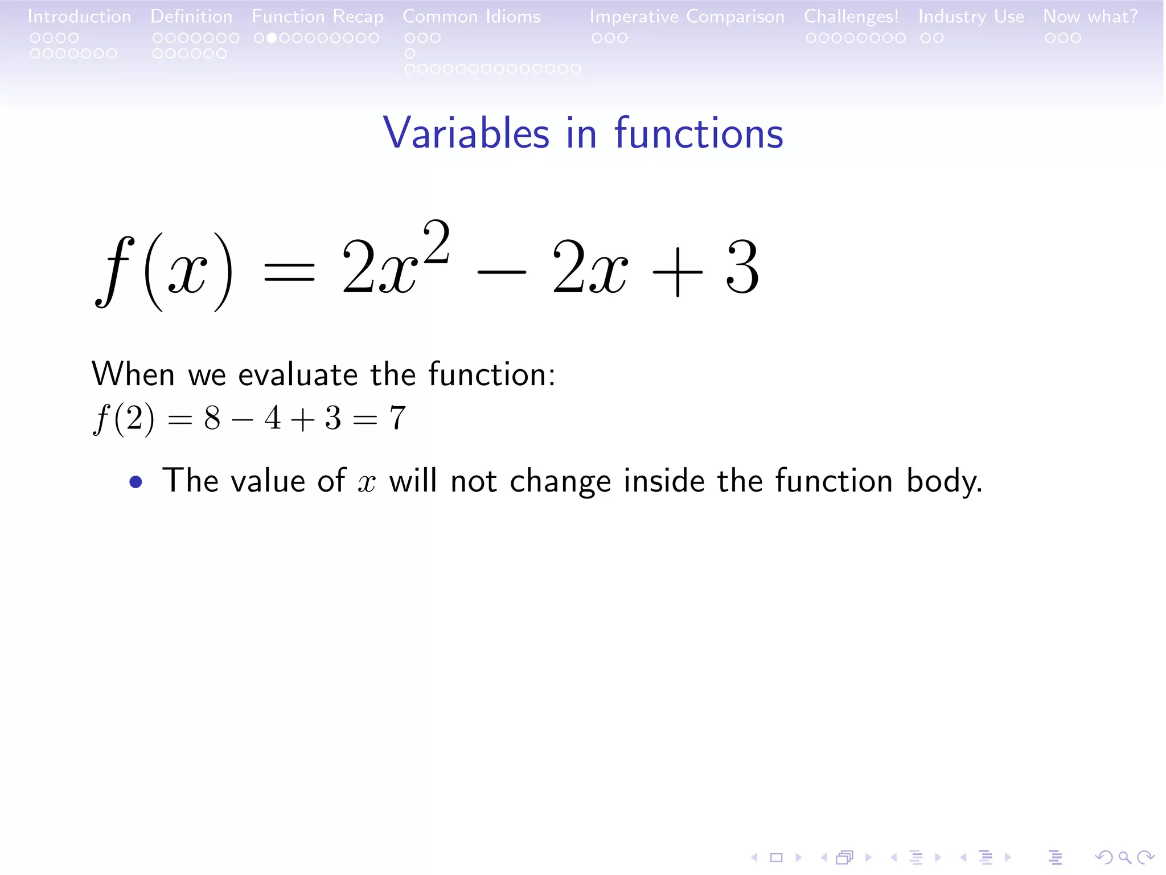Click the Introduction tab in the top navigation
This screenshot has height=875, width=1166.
point(79,17)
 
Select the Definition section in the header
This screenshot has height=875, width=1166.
point(191,17)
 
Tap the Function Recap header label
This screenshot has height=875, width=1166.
point(318,17)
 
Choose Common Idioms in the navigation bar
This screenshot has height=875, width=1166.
point(471,17)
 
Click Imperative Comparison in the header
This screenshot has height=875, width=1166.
point(687,17)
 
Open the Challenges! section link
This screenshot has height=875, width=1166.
point(851,17)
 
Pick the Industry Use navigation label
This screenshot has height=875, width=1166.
point(971,17)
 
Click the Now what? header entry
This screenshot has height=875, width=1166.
point(1090,17)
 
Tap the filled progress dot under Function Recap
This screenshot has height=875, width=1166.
point(272,38)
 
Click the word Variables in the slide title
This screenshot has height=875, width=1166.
point(466,133)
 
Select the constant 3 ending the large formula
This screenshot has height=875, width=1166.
point(742,268)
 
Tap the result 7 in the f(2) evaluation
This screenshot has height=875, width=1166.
point(397,418)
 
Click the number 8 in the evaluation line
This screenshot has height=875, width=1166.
point(212,418)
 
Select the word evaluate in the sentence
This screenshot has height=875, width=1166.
point(298,375)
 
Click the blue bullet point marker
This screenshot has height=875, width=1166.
point(136,483)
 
